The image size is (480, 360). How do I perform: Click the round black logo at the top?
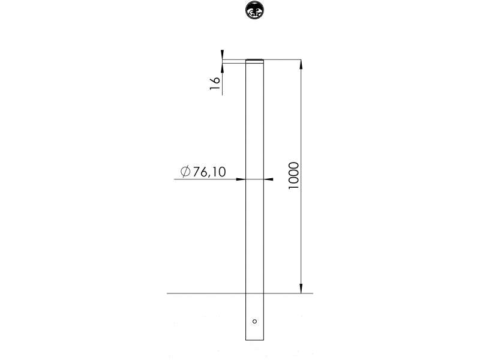coord(254,10)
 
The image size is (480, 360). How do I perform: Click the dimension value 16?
coord(215,83)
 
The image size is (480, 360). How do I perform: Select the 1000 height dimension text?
coord(293,176)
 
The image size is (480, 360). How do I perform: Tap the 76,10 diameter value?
coord(209,172)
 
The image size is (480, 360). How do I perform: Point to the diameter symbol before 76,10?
coord(185,172)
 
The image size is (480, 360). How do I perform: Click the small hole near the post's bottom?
coord(254,321)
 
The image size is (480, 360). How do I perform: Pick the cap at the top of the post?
coord(254,61)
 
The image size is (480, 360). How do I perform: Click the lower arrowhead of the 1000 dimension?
coord(301,289)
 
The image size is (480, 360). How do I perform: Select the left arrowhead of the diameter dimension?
coord(241,179)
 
